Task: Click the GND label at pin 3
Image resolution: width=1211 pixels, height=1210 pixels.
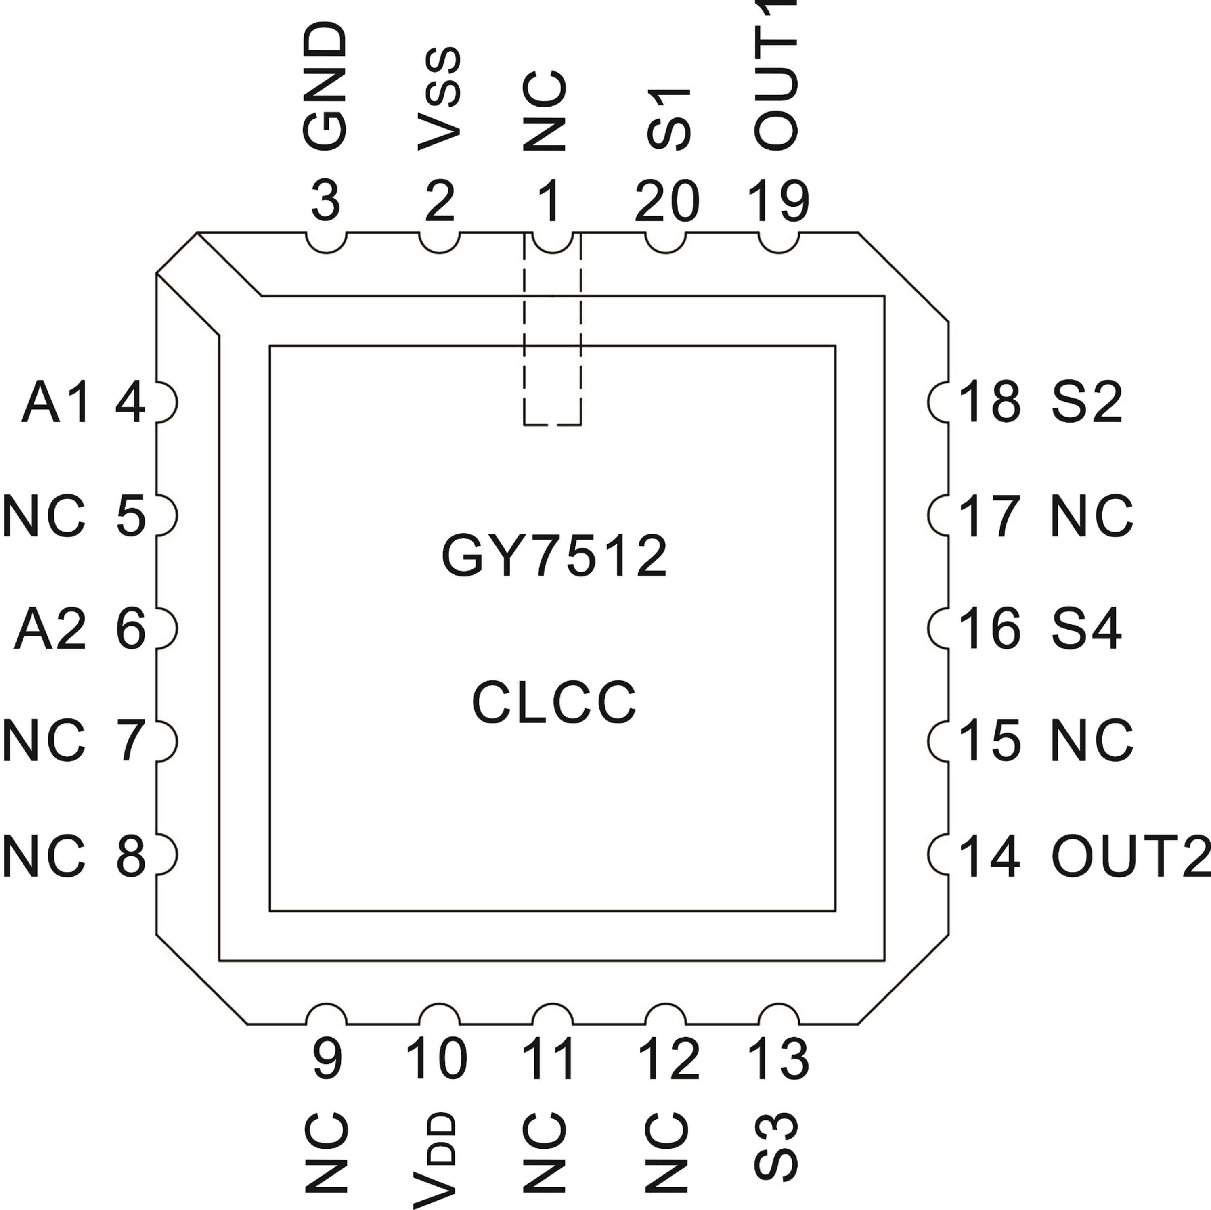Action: [x=325, y=86]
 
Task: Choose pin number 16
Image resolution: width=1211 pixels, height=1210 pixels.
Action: [x=990, y=628]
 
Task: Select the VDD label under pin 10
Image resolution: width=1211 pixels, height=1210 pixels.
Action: [x=435, y=1159]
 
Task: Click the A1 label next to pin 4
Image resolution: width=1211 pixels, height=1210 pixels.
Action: [x=57, y=403]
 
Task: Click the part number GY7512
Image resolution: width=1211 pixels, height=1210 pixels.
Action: [x=554, y=556]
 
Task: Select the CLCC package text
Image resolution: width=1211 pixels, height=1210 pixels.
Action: [x=554, y=702]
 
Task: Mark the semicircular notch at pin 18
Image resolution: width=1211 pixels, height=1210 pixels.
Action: [x=939, y=402]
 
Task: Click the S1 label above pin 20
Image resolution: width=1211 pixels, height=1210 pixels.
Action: [x=668, y=119]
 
